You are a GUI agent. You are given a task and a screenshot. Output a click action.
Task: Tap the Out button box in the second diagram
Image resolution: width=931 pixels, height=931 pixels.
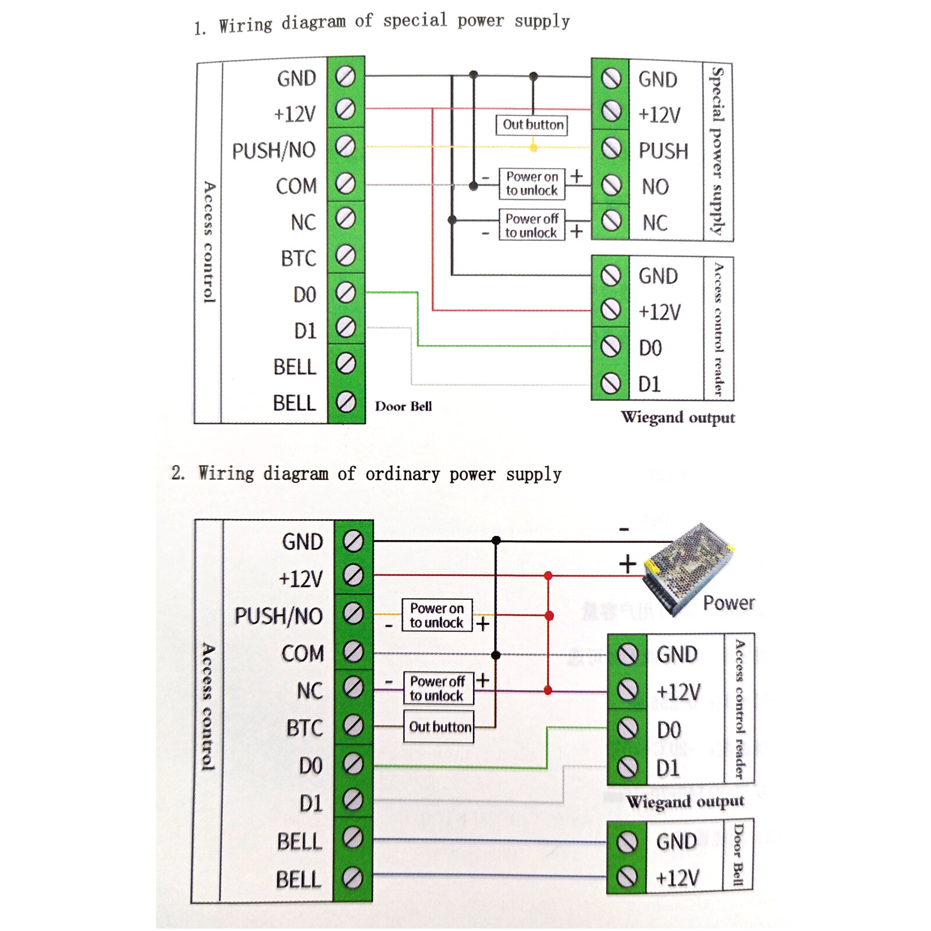(x=439, y=726)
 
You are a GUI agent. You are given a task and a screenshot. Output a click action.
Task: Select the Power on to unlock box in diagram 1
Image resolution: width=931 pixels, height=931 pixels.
(x=532, y=183)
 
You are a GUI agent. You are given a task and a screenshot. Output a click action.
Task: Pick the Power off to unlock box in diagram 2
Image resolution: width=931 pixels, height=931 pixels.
(x=438, y=688)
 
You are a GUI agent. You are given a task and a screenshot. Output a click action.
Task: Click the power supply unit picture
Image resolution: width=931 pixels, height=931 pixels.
(x=689, y=567)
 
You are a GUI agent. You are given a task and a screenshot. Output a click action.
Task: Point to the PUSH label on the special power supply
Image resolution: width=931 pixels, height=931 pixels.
(x=663, y=151)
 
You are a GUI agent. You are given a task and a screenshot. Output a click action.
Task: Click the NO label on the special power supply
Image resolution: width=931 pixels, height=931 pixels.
(x=655, y=187)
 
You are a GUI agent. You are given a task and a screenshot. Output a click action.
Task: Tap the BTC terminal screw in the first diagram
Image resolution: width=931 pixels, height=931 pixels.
(x=346, y=255)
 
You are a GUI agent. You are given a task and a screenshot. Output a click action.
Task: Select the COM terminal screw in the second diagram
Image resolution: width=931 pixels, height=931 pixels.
(x=353, y=651)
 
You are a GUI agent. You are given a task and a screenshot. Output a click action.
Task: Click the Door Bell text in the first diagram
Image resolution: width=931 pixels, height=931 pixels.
(x=403, y=406)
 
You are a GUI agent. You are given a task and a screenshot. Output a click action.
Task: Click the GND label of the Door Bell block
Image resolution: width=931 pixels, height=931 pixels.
(x=676, y=841)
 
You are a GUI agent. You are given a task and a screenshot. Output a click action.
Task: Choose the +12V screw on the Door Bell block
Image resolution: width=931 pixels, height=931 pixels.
(x=627, y=876)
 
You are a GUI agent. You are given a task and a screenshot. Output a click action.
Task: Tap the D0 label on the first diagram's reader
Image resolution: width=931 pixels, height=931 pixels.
(x=650, y=348)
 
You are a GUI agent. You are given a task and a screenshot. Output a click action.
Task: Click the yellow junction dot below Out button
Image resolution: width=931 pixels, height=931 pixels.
(x=534, y=147)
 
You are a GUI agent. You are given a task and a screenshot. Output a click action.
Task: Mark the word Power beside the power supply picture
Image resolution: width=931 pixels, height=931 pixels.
(x=729, y=603)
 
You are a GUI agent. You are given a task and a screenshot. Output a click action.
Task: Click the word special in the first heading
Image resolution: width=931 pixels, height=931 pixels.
(x=415, y=20)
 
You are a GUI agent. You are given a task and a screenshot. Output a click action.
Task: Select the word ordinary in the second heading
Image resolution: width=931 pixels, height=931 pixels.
(x=402, y=474)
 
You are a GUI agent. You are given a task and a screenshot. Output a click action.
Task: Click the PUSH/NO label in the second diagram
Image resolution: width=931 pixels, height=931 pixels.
(x=279, y=616)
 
